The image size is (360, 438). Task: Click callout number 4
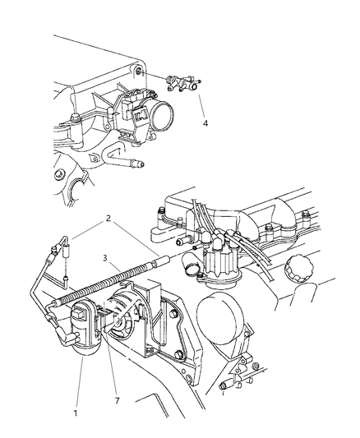[205, 123]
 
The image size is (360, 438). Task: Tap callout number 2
[108, 218]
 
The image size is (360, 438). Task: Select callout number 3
[105, 258]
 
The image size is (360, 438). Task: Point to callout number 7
[117, 401]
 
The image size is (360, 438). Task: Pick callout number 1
[76, 413]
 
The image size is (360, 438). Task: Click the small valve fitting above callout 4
[183, 83]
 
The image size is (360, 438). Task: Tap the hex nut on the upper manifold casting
[58, 174]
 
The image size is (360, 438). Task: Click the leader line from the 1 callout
[80, 382]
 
